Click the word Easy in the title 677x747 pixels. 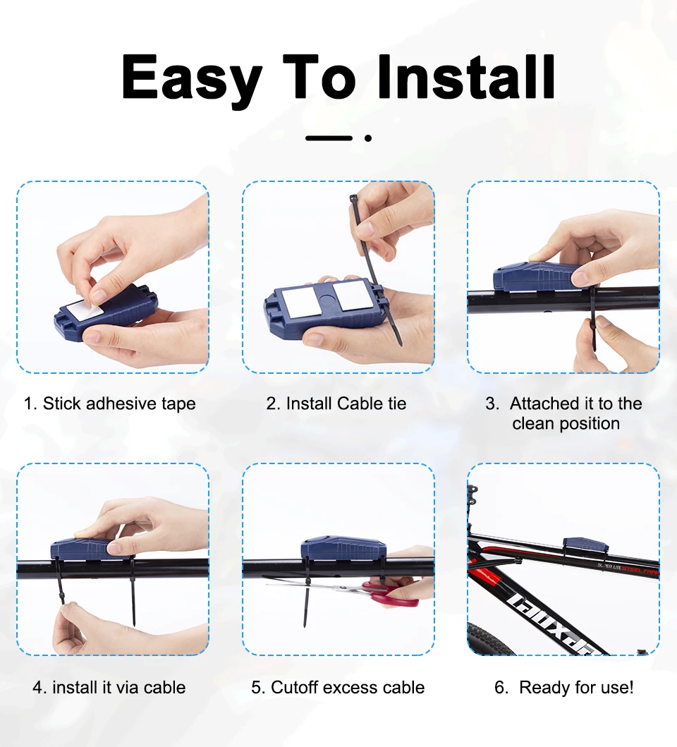click(192, 77)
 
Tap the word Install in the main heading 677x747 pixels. click(466, 76)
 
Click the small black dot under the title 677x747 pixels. click(368, 138)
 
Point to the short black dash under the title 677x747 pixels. click(329, 138)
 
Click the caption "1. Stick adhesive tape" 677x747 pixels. click(109, 404)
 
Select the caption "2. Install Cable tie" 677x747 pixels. click(336, 403)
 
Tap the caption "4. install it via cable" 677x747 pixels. click(109, 688)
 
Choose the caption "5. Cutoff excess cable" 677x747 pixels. click(338, 688)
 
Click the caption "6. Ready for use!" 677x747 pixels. click(564, 688)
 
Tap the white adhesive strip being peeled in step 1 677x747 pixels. click(85, 310)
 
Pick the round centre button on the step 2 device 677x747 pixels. click(325, 299)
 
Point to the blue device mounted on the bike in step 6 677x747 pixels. click(585, 544)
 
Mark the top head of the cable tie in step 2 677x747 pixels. click(353, 198)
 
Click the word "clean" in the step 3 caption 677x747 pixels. click(533, 423)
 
